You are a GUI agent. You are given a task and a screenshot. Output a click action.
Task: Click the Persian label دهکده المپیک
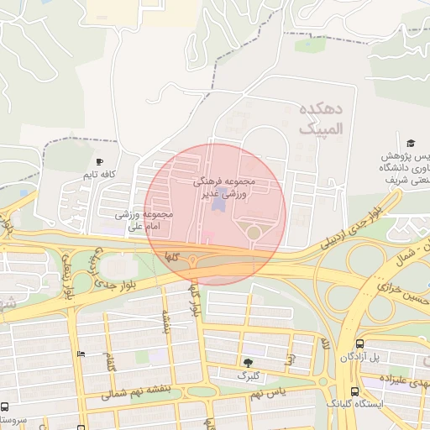point(320,119)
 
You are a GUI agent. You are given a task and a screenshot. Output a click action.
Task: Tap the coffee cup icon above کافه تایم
point(100,162)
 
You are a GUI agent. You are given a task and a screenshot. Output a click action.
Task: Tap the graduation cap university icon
point(411,144)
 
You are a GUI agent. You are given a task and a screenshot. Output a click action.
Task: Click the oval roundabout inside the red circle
point(252,232)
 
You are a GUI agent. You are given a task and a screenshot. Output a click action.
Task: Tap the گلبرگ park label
point(248,375)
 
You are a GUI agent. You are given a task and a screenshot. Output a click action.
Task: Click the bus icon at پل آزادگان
point(360,343)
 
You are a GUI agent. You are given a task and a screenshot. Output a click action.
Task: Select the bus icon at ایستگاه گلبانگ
point(355,391)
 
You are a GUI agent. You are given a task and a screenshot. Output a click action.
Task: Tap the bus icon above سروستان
point(5,406)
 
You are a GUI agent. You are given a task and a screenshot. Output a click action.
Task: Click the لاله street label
point(324,344)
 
